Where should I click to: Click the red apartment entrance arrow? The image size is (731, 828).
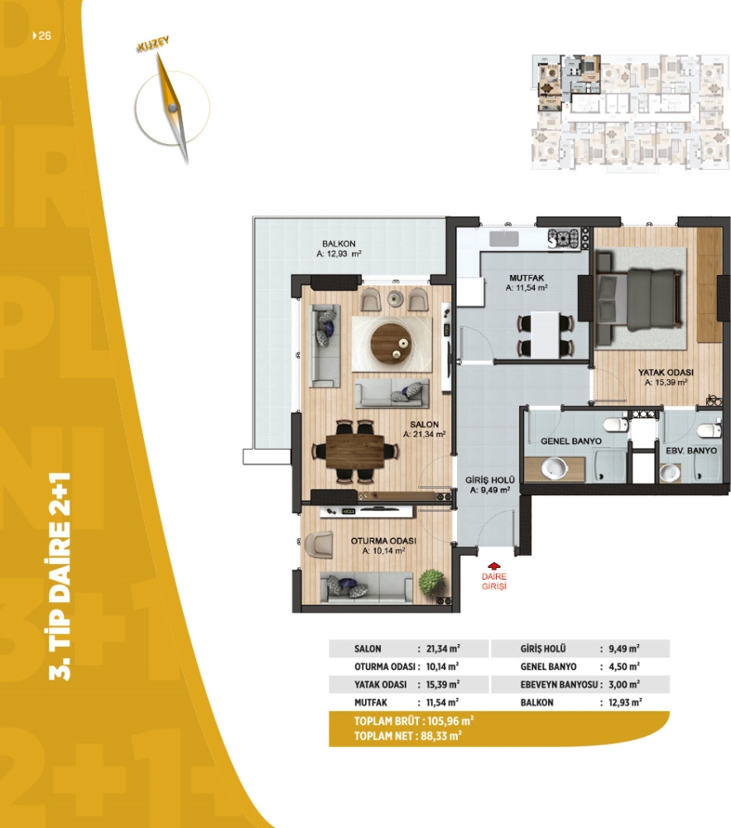pos(493,566)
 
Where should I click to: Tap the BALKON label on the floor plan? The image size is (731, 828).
pos(339,243)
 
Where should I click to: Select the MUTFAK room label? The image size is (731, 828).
pos(527,277)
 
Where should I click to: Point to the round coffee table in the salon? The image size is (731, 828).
pos(391,344)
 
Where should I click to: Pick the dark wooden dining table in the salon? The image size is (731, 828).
pos(355,451)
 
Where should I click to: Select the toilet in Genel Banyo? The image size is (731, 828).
pos(615,424)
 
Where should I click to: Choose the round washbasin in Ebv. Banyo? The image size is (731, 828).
pos(671,473)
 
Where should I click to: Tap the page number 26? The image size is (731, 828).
pos(45,36)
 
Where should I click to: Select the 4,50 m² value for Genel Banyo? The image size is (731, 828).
pos(624,667)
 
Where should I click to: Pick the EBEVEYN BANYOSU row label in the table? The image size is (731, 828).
pos(559,685)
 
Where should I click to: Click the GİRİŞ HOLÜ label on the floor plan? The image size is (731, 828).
pos(490,480)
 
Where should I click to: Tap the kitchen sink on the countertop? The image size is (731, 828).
pos(503,238)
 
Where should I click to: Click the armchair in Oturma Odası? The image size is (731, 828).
pos(318,545)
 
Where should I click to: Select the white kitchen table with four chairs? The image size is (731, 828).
pos(546,335)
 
